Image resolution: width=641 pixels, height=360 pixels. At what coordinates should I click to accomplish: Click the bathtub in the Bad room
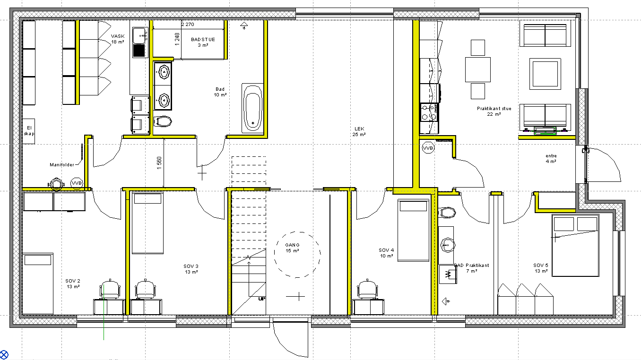pyautogui.click(x=253, y=108)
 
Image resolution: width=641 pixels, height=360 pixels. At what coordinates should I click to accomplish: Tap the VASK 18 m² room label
pyautogui.click(x=118, y=39)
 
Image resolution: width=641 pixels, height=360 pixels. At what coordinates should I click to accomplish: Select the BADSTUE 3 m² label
pyautogui.click(x=203, y=42)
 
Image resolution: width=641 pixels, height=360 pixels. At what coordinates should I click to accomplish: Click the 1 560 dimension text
pyautogui.click(x=159, y=163)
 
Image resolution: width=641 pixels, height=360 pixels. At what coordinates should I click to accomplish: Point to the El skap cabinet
pyautogui.click(x=29, y=131)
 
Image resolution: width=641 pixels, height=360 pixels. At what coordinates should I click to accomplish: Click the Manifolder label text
pyautogui.click(x=62, y=165)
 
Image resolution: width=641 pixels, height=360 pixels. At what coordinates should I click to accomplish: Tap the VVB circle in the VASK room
pyautogui.click(x=77, y=183)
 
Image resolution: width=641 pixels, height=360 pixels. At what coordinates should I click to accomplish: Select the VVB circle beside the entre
pyautogui.click(x=428, y=148)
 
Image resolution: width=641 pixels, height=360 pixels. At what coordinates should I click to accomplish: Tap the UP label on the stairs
pyautogui.click(x=261, y=299)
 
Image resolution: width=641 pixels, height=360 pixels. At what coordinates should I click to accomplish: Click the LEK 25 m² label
pyautogui.click(x=359, y=131)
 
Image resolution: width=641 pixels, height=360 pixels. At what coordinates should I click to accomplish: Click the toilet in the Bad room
pyautogui.click(x=163, y=121)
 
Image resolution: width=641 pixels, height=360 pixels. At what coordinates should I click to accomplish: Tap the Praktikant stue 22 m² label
pyautogui.click(x=494, y=111)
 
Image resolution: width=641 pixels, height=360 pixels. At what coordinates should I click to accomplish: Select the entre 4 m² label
pyautogui.click(x=551, y=158)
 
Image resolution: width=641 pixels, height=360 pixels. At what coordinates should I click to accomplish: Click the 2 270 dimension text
pyautogui.click(x=188, y=24)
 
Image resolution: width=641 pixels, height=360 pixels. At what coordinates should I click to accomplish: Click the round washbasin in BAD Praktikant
pyautogui.click(x=448, y=245)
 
